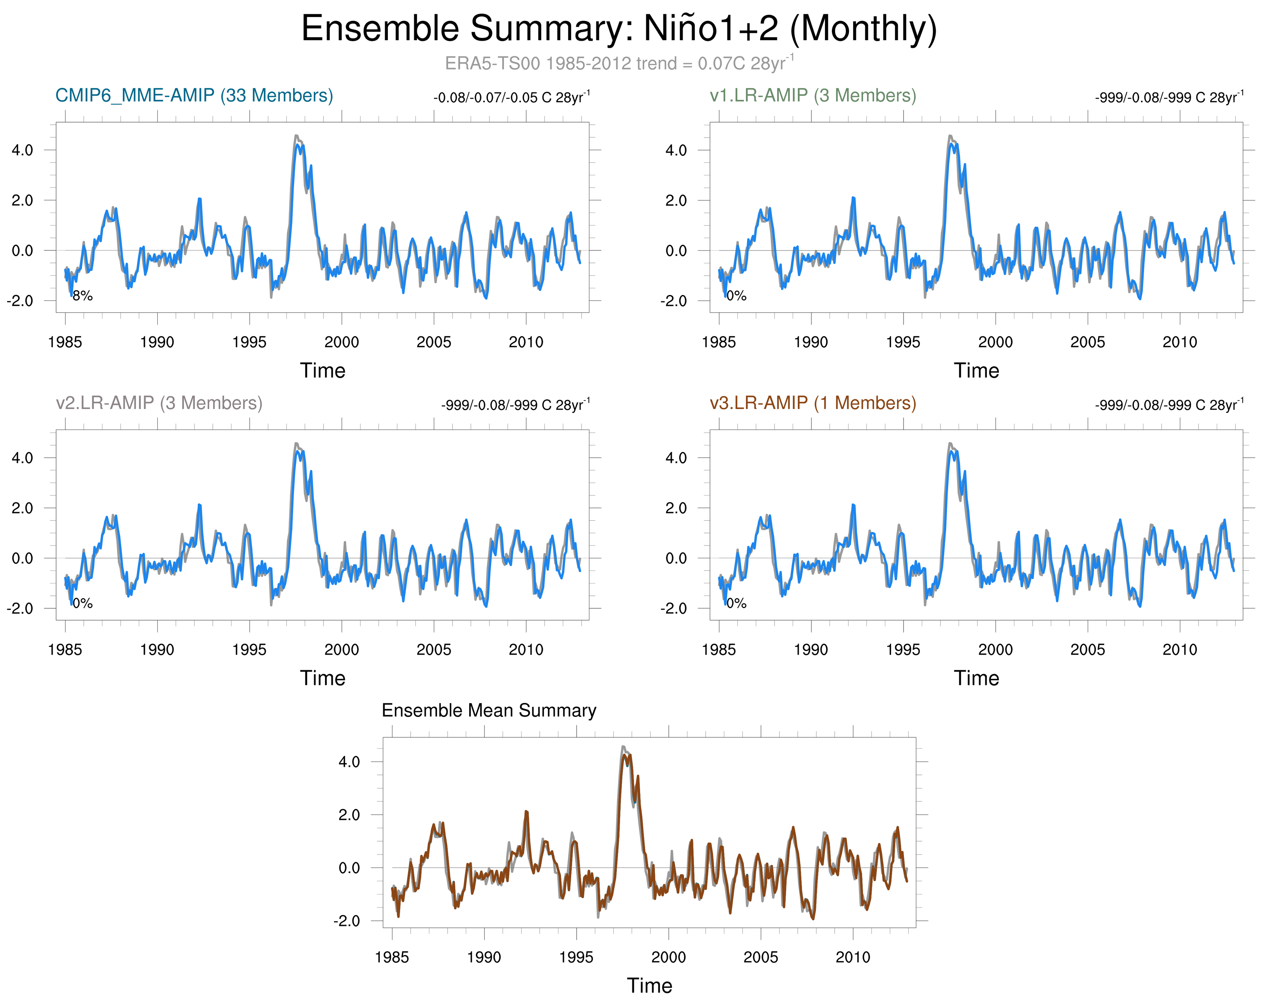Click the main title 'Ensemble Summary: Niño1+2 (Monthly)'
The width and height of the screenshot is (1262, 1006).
click(x=619, y=28)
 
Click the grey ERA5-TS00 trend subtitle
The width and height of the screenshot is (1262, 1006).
click(x=619, y=63)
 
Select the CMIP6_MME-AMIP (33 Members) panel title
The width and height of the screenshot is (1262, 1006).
click(x=194, y=95)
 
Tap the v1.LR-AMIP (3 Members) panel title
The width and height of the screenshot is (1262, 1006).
click(x=813, y=95)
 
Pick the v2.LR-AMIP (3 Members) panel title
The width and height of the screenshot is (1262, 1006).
click(x=158, y=403)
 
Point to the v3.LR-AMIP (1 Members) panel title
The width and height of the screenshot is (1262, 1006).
click(x=813, y=403)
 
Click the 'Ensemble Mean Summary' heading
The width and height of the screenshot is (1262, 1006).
click(x=489, y=710)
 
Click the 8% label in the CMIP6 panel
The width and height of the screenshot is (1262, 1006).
click(x=83, y=296)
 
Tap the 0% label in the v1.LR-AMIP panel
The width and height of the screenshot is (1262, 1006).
click(x=736, y=296)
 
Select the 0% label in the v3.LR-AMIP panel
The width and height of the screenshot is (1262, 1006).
click(x=736, y=604)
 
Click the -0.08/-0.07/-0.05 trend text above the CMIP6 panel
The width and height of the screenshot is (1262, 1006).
click(x=511, y=97)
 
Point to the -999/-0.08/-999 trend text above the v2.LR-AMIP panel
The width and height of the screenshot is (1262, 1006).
click(x=515, y=405)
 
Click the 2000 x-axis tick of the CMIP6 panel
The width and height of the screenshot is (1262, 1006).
click(x=341, y=342)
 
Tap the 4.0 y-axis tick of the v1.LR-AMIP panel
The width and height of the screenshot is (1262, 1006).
click(x=676, y=150)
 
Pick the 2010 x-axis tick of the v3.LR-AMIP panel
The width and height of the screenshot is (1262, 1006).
click(x=1179, y=649)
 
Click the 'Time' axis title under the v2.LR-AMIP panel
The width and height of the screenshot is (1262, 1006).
click(x=322, y=678)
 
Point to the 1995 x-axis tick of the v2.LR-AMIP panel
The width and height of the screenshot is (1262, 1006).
click(x=250, y=649)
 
